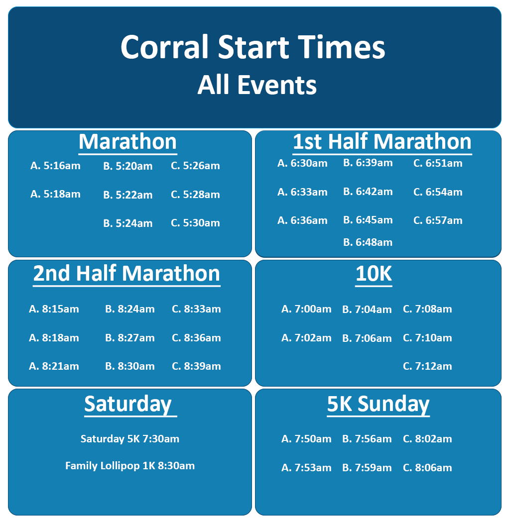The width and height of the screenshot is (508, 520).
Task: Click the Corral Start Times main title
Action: pos(253,48)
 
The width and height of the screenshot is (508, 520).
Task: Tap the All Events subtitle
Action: pos(257,85)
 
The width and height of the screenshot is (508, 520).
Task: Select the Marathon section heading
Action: pos(127,142)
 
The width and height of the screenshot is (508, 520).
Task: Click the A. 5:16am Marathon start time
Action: pos(55,166)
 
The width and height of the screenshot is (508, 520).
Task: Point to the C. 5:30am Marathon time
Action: pos(195,223)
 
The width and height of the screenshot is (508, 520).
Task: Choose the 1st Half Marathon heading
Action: pos(382,142)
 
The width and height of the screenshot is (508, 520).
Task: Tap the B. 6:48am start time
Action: pos(368,242)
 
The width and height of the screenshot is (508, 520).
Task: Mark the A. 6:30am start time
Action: pos(302,163)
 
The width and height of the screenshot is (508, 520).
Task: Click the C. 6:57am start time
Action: pos(438,220)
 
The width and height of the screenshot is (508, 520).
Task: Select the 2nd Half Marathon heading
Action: pos(127,274)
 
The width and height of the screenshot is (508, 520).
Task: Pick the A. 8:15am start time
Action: pos(54,309)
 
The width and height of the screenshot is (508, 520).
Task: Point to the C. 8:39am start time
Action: pos(196,366)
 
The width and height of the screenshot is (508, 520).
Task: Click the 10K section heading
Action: pos(374,274)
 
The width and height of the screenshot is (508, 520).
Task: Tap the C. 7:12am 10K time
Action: pos(427,366)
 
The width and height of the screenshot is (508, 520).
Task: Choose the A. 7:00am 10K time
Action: pos(306,309)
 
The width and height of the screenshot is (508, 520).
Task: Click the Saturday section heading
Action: pos(127,404)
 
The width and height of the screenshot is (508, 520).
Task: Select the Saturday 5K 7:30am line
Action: pos(130,439)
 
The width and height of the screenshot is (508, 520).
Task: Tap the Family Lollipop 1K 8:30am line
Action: pos(130,466)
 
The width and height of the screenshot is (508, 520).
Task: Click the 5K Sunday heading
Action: pos(378,404)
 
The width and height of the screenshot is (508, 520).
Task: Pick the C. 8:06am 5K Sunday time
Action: pos(427,468)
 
